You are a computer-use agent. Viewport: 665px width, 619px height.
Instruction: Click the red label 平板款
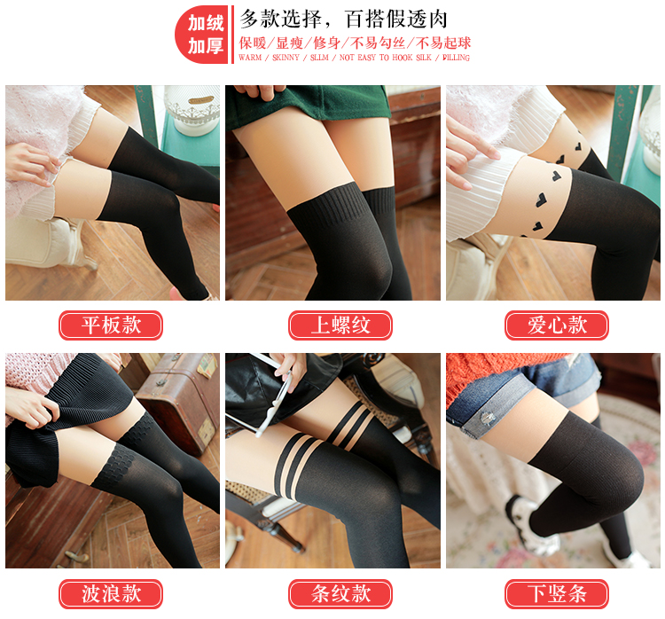tap(111, 325)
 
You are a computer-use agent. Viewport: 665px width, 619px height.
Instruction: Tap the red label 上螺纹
tap(340, 325)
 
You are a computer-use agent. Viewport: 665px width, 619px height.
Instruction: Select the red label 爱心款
tap(557, 325)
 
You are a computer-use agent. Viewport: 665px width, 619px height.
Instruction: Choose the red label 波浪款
tap(111, 593)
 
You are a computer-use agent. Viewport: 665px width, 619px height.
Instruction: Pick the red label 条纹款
tap(340, 593)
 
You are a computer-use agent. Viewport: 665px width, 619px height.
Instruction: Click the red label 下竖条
tap(557, 593)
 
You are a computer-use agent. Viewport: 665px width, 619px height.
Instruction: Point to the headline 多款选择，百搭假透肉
tap(343, 19)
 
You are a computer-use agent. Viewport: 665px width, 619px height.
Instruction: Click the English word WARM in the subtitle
tap(250, 58)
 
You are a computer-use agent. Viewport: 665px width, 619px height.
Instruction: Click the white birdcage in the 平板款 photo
tap(192, 108)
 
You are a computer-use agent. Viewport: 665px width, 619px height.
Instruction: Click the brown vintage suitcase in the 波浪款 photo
tap(178, 399)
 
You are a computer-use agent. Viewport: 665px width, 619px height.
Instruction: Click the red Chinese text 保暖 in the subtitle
tap(253, 43)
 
